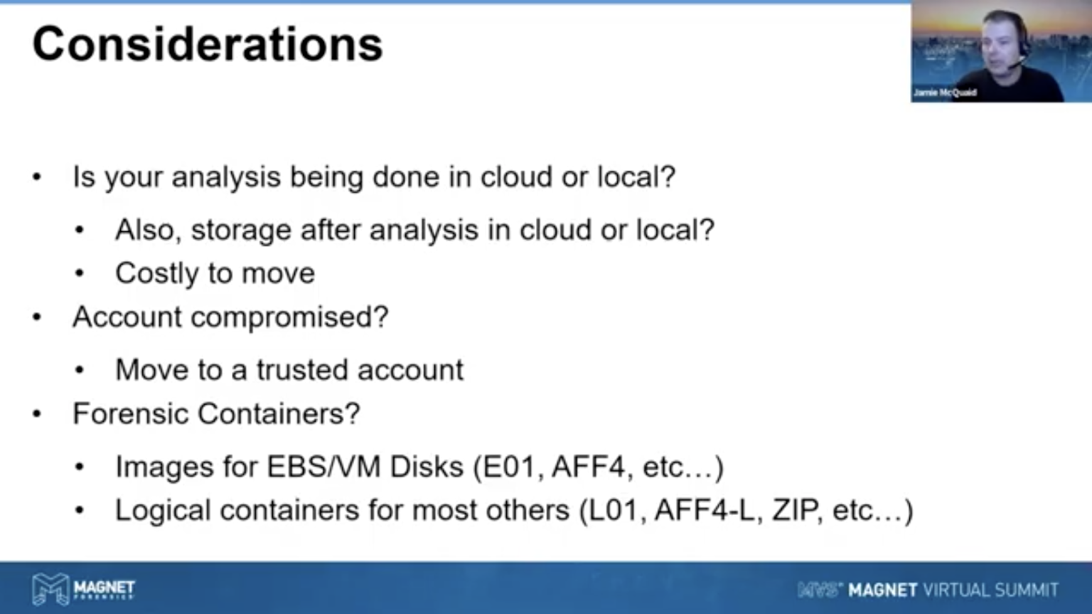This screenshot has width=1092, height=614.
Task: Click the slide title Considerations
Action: click(207, 44)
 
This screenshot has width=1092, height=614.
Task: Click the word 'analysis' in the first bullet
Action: click(225, 177)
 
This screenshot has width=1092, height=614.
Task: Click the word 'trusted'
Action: click(301, 370)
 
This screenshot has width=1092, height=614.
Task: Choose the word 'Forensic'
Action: click(129, 413)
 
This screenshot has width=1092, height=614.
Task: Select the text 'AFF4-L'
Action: click(705, 510)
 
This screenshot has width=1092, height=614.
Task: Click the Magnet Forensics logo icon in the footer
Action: click(50, 588)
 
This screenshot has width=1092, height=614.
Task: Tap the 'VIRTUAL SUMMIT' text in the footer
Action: click(990, 590)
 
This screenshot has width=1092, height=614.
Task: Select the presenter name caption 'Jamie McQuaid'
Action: click(945, 92)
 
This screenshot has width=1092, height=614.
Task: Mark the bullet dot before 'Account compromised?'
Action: click(37, 317)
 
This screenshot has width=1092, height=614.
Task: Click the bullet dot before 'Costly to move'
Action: click(80, 274)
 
